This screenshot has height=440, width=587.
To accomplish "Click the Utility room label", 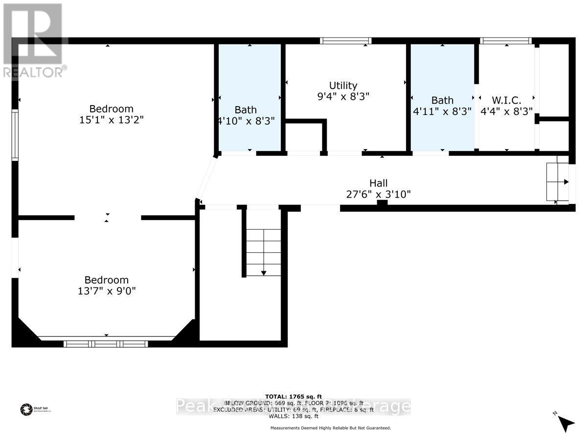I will pyautogui.click(x=343, y=86).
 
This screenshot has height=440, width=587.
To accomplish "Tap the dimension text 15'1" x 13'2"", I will pyautogui.click(x=111, y=120).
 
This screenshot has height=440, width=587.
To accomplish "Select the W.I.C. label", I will pyautogui.click(x=506, y=100).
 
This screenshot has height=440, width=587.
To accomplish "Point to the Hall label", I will pyautogui.click(x=378, y=183).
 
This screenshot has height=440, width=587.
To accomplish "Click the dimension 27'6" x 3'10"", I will pyautogui.click(x=378, y=194).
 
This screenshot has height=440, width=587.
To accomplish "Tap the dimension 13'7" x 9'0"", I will pyautogui.click(x=107, y=291).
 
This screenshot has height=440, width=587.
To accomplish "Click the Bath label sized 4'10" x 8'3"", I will pyautogui.click(x=246, y=110).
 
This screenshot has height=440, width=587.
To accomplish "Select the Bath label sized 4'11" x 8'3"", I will pyautogui.click(x=442, y=100).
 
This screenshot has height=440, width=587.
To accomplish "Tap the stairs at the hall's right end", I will pyautogui.click(x=558, y=182).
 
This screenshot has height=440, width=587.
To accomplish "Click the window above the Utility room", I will pyautogui.click(x=345, y=41).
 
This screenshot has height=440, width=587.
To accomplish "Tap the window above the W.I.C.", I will pyautogui.click(x=506, y=41).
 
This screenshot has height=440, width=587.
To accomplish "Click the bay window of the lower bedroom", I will pyautogui.click(x=106, y=344).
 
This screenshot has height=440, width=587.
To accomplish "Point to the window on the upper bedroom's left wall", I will pyautogui.click(x=15, y=135).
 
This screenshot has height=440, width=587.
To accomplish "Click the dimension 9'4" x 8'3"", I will pyautogui.click(x=343, y=97).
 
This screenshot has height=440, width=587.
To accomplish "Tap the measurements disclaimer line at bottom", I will pyautogui.click(x=331, y=428).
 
